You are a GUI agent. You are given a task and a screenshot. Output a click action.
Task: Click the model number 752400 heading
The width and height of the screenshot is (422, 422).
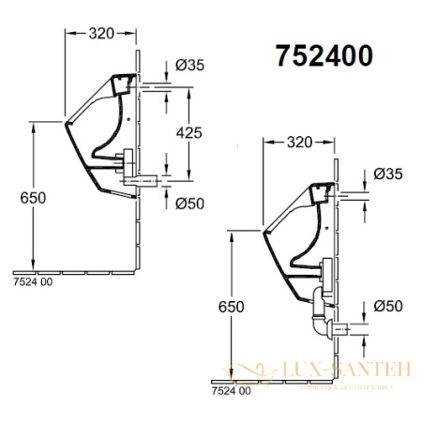(x=324, y=55)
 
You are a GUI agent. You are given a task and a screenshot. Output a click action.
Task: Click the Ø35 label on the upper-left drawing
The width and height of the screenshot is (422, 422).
(x=190, y=66)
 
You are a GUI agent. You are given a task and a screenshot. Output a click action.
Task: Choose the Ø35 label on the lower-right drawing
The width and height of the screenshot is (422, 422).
(x=387, y=174)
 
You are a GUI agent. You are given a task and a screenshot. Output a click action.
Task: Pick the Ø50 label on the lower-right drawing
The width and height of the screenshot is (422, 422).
(x=387, y=306)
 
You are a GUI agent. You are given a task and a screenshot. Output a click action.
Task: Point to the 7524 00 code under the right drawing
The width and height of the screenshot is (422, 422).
(x=230, y=389)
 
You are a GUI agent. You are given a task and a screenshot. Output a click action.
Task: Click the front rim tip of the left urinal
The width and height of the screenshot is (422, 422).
(x=66, y=121)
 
